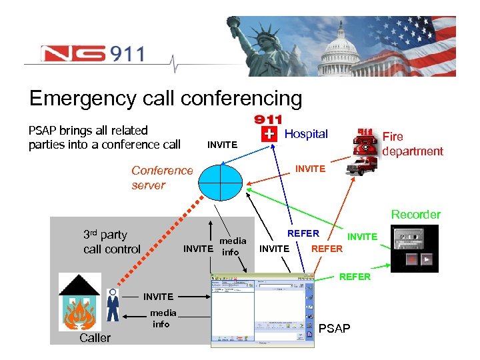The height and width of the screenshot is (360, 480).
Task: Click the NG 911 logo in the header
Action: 92,53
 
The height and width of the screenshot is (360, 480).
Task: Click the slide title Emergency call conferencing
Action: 165,99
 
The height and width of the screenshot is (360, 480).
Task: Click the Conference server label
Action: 162,177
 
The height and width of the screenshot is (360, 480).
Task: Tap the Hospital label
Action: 306,134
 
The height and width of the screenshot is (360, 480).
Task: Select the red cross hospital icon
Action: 269,134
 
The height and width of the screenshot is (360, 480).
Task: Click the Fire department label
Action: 412,143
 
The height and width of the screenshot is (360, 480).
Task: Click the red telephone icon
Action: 367,141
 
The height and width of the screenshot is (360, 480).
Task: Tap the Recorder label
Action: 415,215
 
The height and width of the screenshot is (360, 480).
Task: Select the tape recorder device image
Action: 414,247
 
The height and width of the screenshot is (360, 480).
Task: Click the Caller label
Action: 95,338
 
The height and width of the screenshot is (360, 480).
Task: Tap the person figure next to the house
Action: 113,306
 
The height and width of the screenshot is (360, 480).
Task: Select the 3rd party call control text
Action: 111,242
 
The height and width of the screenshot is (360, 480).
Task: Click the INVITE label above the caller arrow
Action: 158,296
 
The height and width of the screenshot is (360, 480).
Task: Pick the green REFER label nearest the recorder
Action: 355,276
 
